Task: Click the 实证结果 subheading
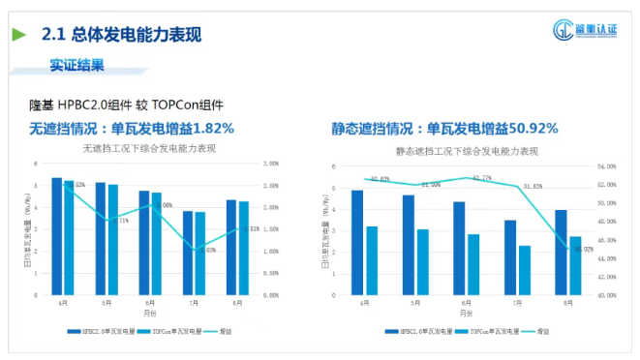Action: click(76, 66)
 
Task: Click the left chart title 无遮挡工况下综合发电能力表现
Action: click(149, 149)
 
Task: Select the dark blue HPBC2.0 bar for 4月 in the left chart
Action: click(57, 236)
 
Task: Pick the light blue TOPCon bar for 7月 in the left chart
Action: click(200, 253)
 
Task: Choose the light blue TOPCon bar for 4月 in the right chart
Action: click(372, 260)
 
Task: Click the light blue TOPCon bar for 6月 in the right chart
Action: click(473, 264)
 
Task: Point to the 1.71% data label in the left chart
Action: click(120, 221)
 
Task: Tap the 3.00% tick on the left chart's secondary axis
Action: click(272, 164)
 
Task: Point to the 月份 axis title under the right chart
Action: click(467, 313)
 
